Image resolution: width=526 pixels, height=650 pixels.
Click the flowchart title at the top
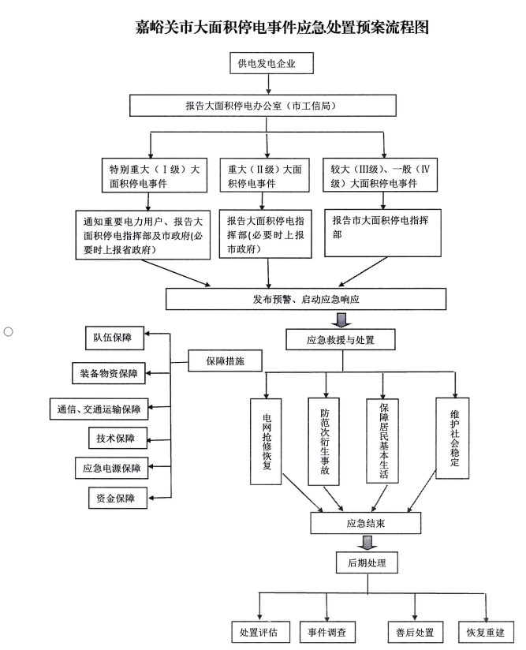click(x=282, y=28)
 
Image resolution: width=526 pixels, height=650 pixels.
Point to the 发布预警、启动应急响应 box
click(x=306, y=299)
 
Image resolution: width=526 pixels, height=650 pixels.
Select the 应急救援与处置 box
click(x=340, y=340)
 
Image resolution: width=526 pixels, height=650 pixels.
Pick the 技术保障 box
click(x=115, y=438)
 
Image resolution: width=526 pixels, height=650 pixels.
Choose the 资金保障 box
click(x=115, y=498)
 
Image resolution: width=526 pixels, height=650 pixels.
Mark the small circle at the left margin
click(x=9, y=331)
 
